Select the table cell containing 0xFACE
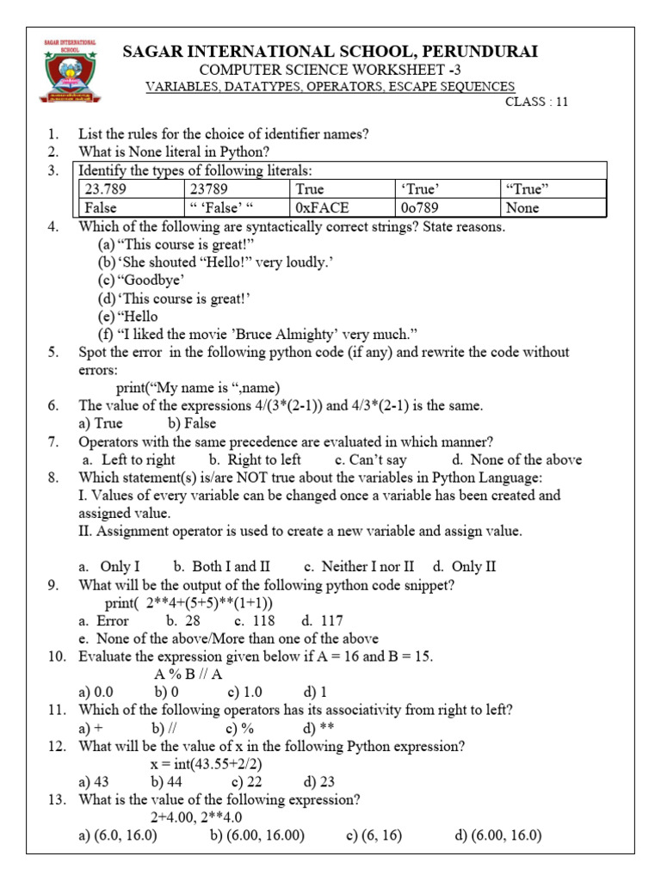343,207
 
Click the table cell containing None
553,207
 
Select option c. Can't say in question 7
371,459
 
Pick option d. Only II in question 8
464,566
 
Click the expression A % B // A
188,675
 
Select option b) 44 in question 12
170,782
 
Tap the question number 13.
56,800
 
